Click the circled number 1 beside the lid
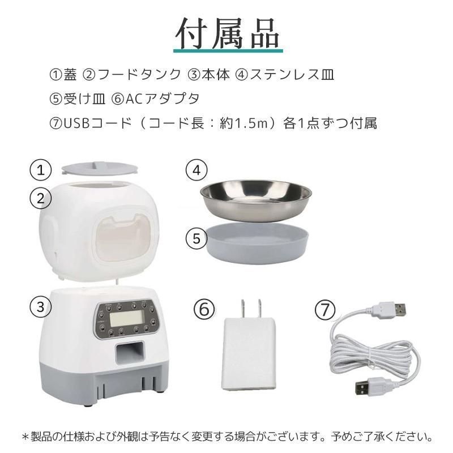40,169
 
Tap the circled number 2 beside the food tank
40,198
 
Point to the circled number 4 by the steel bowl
196,169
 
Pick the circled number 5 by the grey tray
196,238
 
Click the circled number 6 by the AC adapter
204,309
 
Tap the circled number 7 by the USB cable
324,309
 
